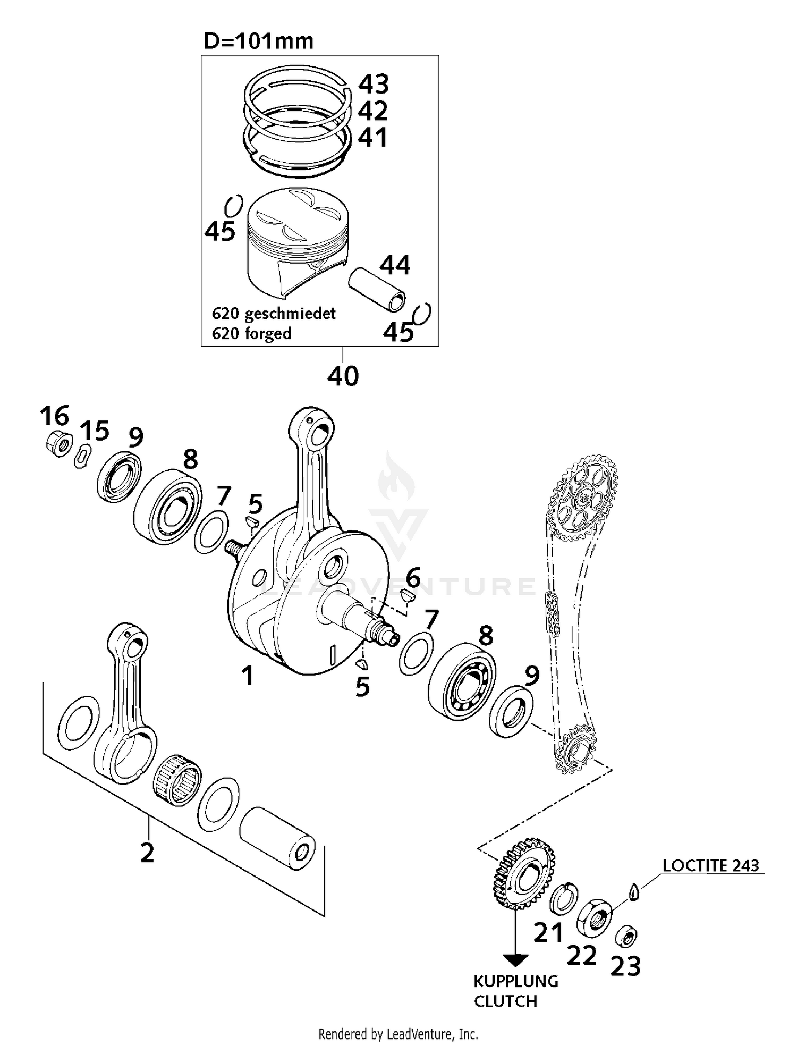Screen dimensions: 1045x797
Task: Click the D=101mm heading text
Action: [259, 41]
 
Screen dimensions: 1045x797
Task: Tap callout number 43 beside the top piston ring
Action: [374, 84]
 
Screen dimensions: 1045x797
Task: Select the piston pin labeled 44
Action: [378, 291]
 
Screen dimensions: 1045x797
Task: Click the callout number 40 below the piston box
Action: [343, 376]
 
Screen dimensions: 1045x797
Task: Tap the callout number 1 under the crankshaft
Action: [248, 676]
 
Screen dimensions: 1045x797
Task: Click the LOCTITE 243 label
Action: [710, 866]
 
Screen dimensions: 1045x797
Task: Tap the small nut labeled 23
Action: [627, 937]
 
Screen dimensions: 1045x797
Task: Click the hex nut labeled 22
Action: [595, 916]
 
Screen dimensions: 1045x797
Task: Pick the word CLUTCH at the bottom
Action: [505, 1001]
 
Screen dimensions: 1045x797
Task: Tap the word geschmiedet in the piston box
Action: [290, 314]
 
